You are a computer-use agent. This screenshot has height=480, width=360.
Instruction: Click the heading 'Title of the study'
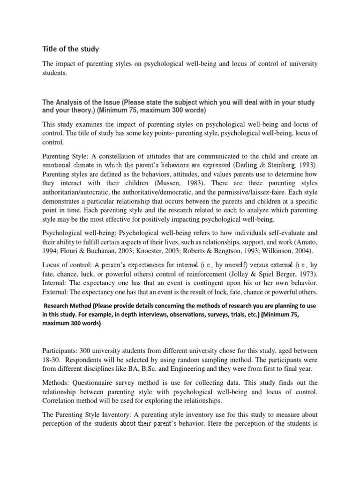pyautogui.click(x=71, y=49)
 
